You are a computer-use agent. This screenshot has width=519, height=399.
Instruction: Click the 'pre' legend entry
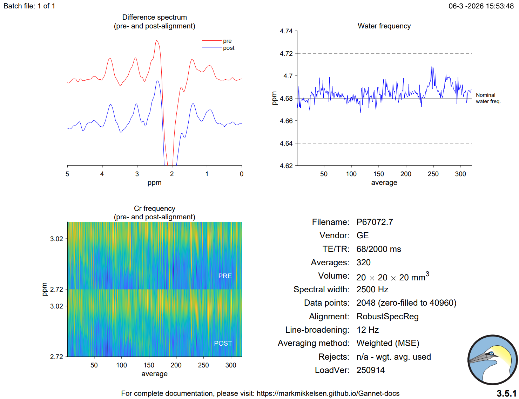227,41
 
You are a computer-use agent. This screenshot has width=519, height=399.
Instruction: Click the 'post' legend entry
229,48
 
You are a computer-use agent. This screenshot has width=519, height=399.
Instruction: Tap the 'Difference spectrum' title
154,17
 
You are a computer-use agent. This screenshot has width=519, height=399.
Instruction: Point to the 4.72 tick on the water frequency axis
286,53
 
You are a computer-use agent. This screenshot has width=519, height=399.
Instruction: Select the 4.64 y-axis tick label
286,143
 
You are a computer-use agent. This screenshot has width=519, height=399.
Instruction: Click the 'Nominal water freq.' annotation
488,98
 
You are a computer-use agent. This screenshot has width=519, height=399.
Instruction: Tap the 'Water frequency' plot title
384,26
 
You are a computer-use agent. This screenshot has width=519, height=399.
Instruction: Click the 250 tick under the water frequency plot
433,174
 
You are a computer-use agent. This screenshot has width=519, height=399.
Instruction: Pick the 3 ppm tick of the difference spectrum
137,174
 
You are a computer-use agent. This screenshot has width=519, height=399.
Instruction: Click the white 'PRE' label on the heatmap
225,276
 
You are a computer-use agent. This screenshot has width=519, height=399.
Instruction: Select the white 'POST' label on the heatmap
223,343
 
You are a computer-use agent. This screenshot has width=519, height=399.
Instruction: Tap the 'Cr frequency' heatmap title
154,208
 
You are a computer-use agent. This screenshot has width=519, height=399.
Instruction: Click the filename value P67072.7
375,222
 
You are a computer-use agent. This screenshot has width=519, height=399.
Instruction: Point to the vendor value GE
363,235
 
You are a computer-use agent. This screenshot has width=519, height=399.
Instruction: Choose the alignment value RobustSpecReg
387,317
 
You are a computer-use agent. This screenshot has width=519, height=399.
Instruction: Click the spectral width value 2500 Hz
372,290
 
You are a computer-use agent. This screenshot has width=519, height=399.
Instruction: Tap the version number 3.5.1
506,393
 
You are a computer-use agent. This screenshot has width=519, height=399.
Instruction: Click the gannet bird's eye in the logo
492,353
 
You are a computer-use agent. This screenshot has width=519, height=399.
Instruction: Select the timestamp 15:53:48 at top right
501,6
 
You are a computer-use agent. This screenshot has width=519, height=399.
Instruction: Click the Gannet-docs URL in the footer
328,393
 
